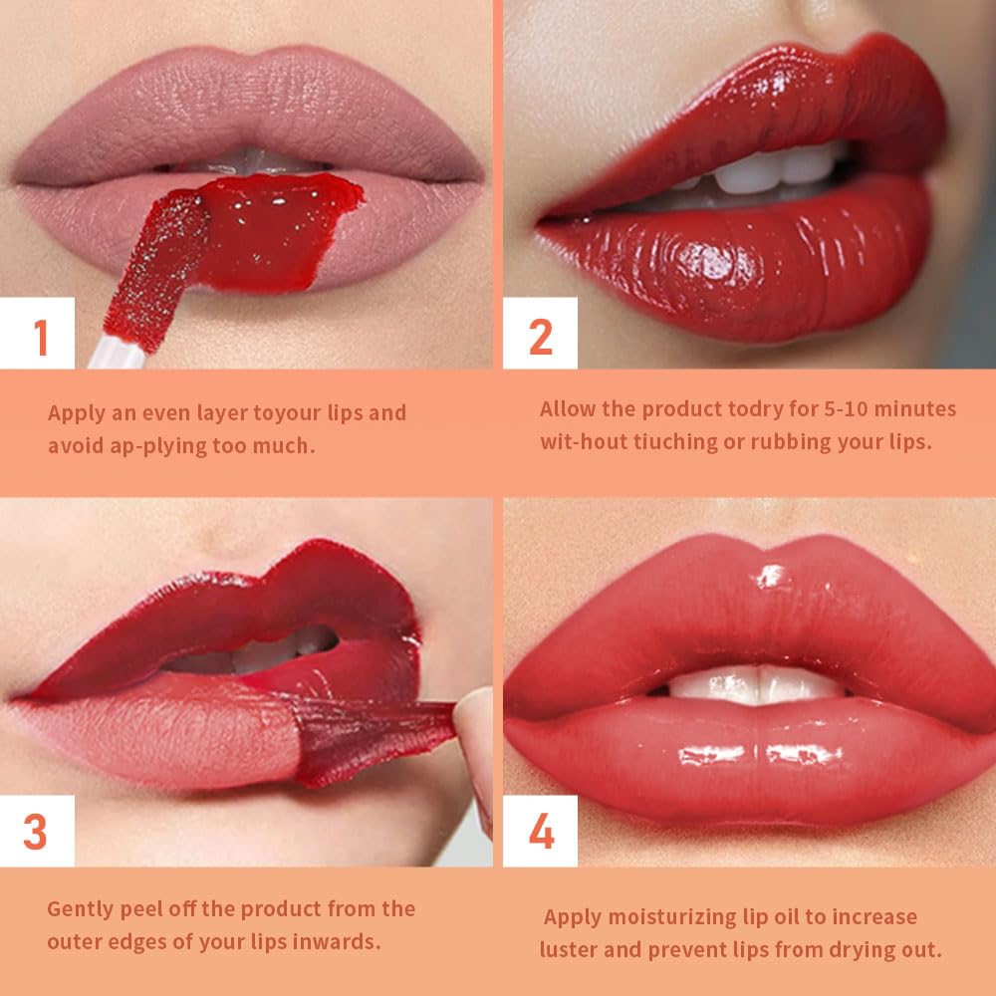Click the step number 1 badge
tap(41, 336)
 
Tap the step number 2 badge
tap(540, 336)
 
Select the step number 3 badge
tap(36, 832)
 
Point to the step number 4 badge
tap(541, 832)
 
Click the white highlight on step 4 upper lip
tap(770, 576)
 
